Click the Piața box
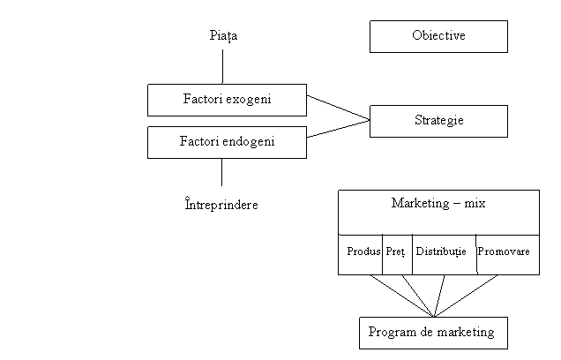click(243, 37)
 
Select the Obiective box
click(438, 36)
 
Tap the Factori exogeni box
click(227, 100)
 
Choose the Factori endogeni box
click(227, 141)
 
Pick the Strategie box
click(438, 121)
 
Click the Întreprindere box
click(217, 206)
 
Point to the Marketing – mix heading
click(438, 204)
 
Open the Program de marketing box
click(432, 333)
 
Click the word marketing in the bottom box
click(467, 333)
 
